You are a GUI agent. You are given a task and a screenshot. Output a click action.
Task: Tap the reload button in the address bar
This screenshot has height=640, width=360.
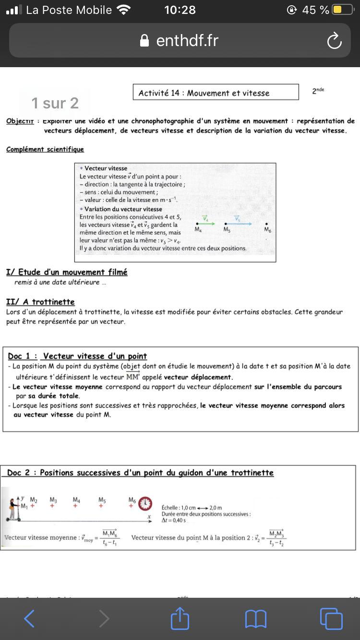(334, 41)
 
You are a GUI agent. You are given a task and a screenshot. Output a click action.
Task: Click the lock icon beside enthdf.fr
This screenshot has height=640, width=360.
(144, 41)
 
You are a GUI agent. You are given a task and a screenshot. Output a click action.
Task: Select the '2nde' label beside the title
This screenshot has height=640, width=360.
(318, 91)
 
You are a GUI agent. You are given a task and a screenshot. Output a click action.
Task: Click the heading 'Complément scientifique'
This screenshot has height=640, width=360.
(45, 149)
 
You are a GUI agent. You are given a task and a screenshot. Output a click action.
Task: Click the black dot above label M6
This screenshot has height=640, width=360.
(267, 224)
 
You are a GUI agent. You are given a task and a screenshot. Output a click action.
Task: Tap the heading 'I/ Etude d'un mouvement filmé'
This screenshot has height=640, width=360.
(67, 272)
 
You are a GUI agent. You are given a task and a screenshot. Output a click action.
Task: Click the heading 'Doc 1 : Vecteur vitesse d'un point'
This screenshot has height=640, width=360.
(77, 356)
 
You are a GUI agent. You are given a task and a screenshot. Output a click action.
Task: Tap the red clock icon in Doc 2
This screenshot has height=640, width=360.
(145, 504)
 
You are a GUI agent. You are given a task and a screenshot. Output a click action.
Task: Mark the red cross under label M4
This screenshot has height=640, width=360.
(75, 505)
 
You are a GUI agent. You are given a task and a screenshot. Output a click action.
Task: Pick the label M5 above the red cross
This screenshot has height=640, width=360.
(102, 499)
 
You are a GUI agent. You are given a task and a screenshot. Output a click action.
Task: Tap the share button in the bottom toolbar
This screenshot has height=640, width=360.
(180, 618)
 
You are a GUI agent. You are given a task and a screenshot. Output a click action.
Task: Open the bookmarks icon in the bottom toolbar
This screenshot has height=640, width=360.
(255, 618)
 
